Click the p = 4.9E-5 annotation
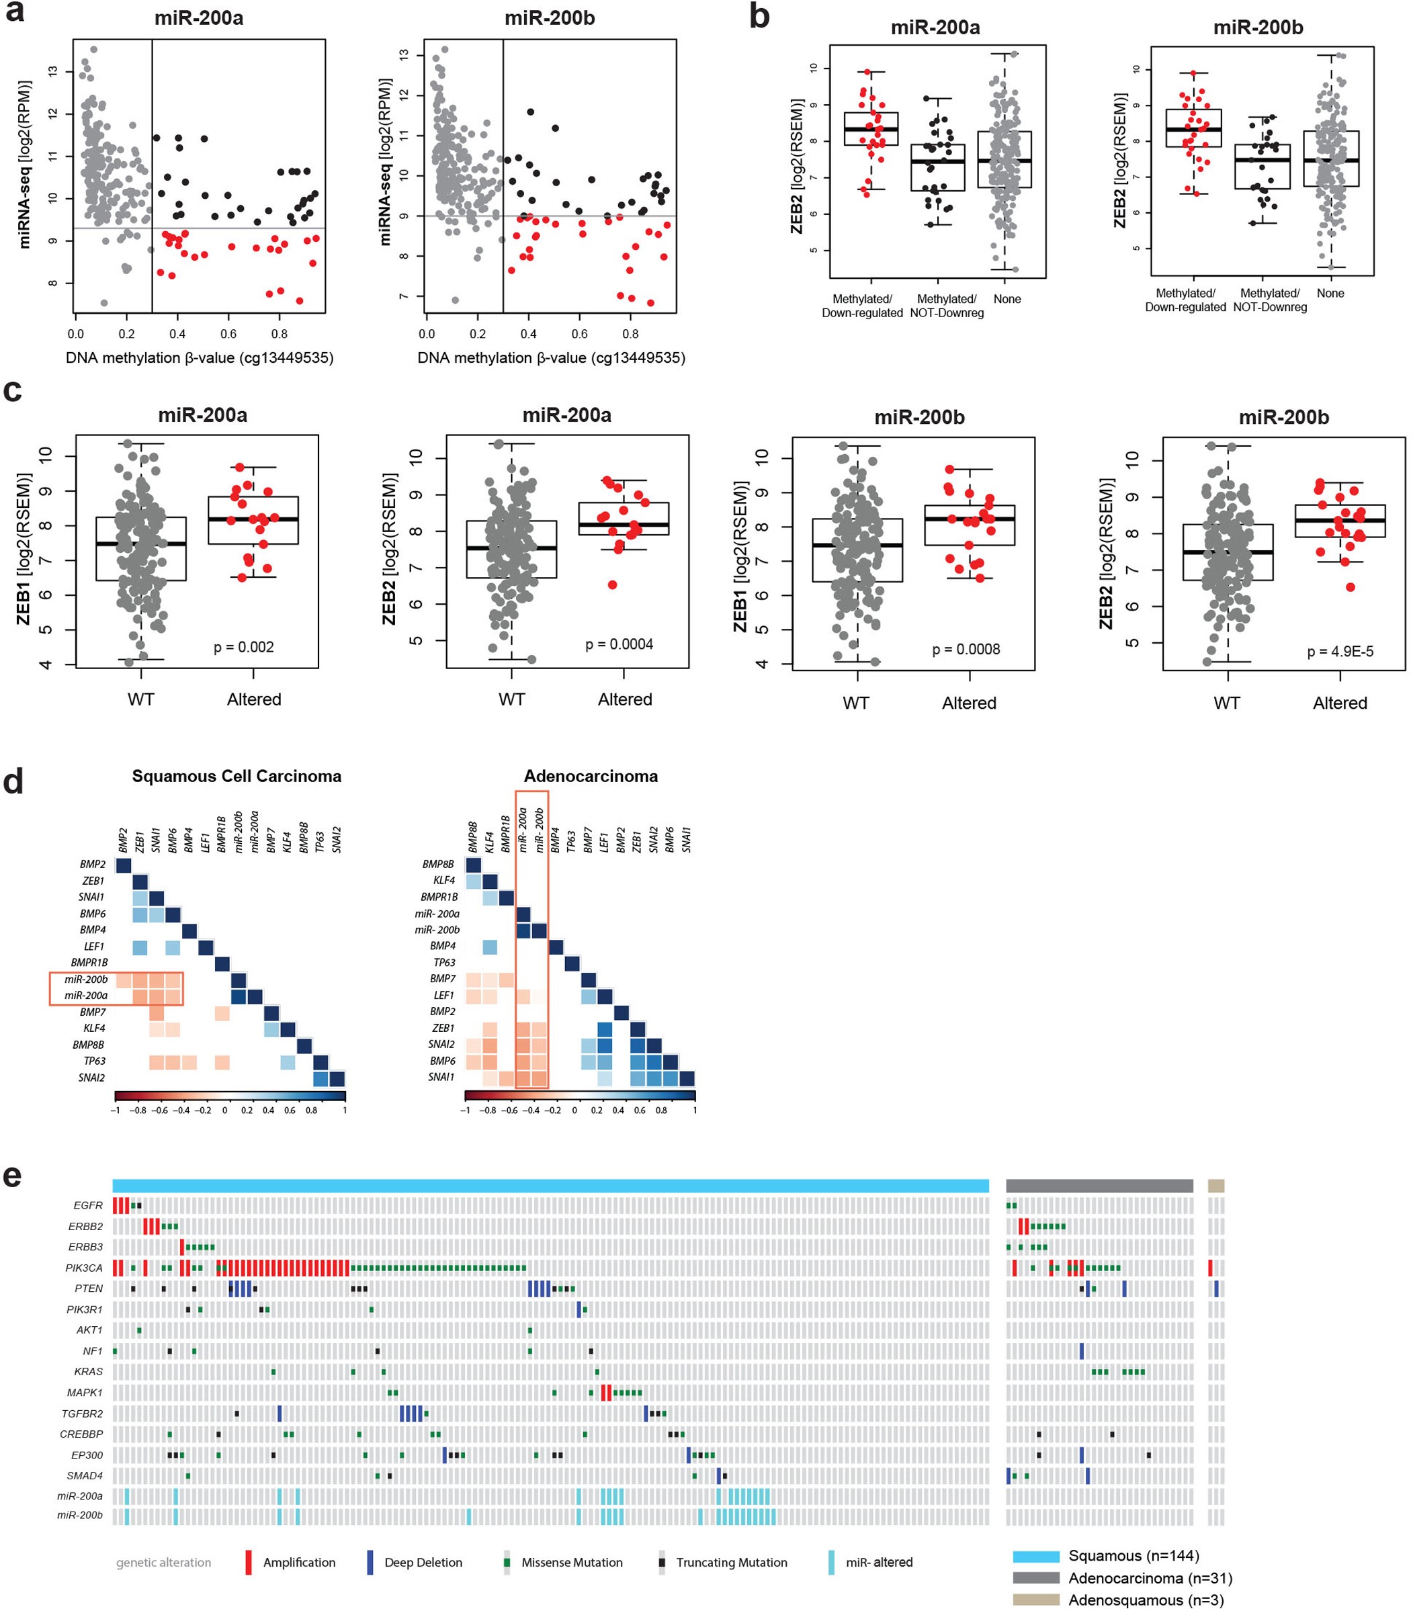click(x=1340, y=652)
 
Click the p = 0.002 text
click(x=244, y=647)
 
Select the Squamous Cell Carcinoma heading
click(x=237, y=776)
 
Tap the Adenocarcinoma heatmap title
click(x=591, y=776)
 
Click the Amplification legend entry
click(x=298, y=1563)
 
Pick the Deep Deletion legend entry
click(x=423, y=1563)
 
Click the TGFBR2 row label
click(x=82, y=1414)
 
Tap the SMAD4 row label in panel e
click(x=85, y=1476)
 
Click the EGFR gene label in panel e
click(x=88, y=1206)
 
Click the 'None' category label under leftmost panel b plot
click(x=1007, y=299)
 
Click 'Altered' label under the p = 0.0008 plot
click(x=970, y=703)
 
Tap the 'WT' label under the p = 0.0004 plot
click(x=511, y=699)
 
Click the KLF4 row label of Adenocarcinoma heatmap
click(x=444, y=881)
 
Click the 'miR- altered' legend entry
click(x=879, y=1563)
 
